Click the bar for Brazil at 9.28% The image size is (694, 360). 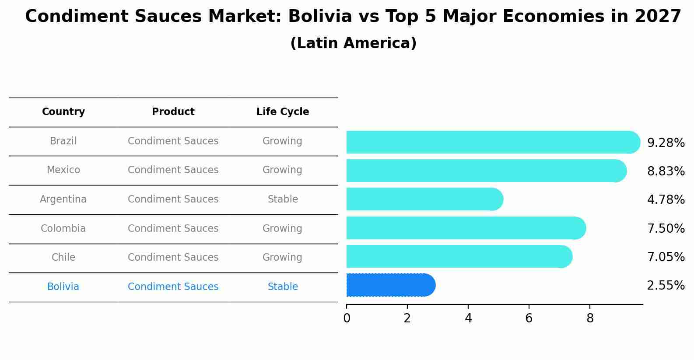pos(492,142)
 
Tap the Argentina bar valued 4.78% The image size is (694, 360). pos(424,199)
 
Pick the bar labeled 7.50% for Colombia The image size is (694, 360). pos(465,228)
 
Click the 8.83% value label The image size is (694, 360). pos(666,171)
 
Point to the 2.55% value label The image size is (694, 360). pos(666,286)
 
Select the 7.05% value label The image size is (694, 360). pos(666,257)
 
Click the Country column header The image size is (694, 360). pos(63,112)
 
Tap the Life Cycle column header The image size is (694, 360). pos(283,112)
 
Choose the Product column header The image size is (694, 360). pos(173,112)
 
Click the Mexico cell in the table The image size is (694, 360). pos(63,170)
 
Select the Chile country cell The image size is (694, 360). pos(63,258)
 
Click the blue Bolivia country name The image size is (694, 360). pos(63,287)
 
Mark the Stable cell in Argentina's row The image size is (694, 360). pos(283,199)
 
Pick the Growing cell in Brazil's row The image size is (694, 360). pos(282,141)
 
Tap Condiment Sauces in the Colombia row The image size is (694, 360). pos(173,229)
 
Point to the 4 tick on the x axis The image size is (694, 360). pos(468,318)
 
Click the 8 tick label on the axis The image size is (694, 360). pos(590,318)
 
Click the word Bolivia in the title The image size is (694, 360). pos(320,17)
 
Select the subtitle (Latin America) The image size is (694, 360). pos(353,43)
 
